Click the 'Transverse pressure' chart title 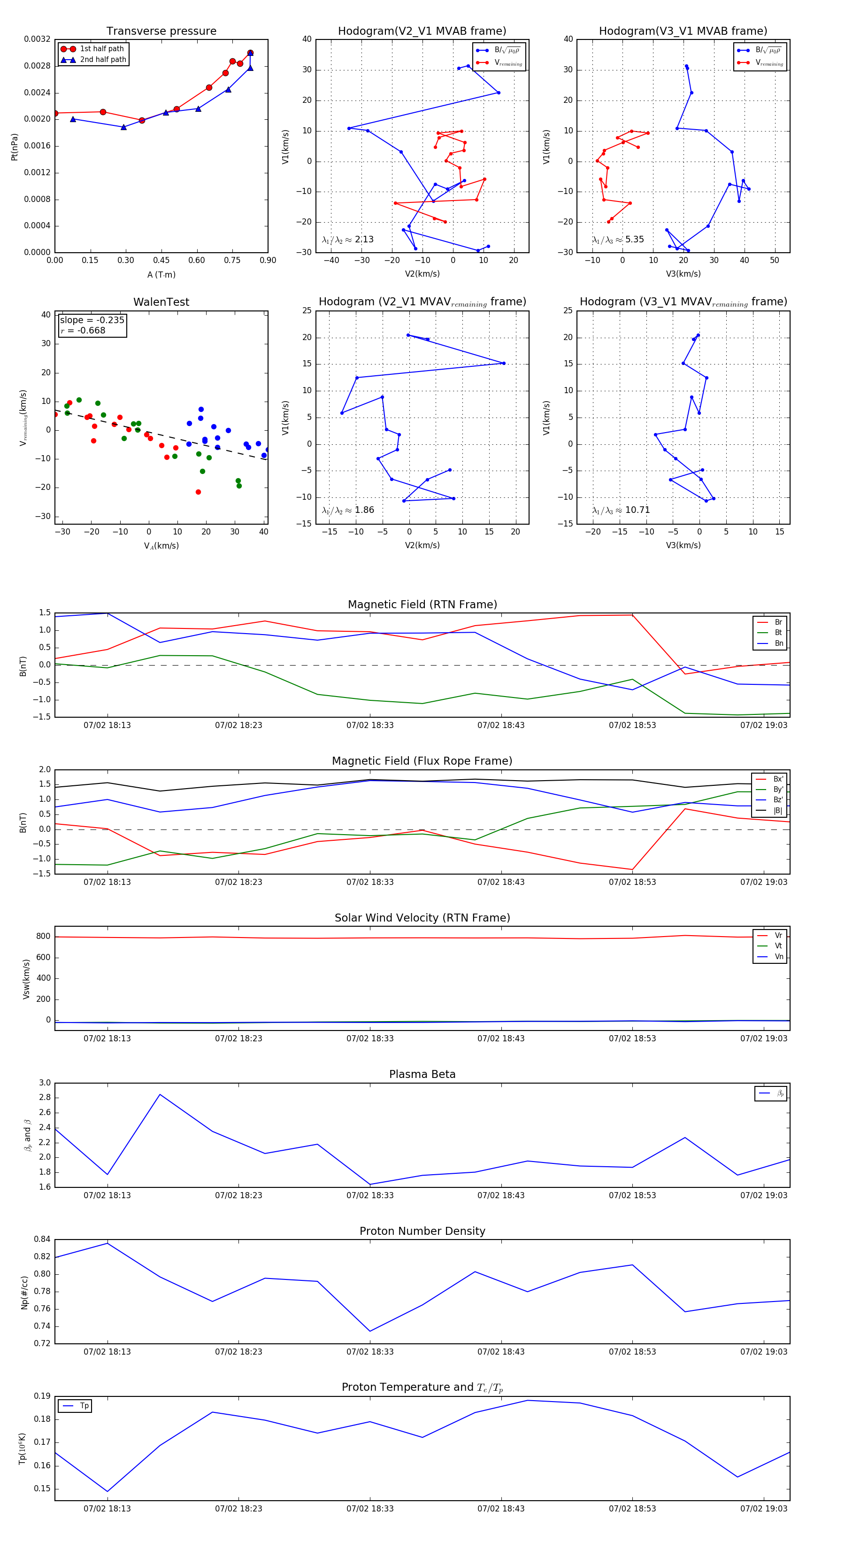coord(161,31)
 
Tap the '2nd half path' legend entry coord(103,60)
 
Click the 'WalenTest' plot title coord(161,302)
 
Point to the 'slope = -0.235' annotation coord(92,320)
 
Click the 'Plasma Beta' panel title coord(422,1074)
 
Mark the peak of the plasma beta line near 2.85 coord(160,1094)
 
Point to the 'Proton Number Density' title coord(422,1231)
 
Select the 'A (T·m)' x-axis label coord(161,275)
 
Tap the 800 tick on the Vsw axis coord(43,936)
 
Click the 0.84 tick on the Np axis coord(42,1239)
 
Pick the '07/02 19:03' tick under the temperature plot coord(763,1509)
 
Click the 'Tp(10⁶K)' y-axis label coord(22,1449)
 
